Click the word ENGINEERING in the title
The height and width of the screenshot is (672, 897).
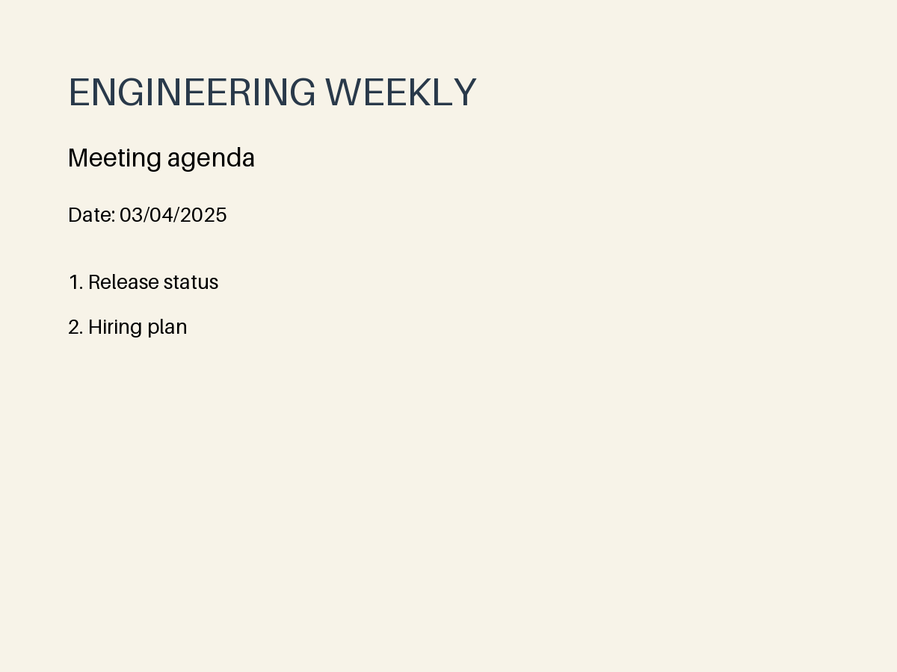(x=192, y=93)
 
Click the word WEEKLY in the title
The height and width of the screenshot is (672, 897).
(x=401, y=93)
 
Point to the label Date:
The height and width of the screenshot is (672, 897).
(x=91, y=215)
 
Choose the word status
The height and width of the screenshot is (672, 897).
(x=191, y=282)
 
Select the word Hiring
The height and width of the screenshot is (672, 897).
(x=115, y=328)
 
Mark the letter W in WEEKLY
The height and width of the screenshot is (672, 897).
(x=343, y=93)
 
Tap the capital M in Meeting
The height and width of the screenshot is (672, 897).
(x=78, y=158)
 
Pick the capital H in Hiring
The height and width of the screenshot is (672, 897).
(x=95, y=327)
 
